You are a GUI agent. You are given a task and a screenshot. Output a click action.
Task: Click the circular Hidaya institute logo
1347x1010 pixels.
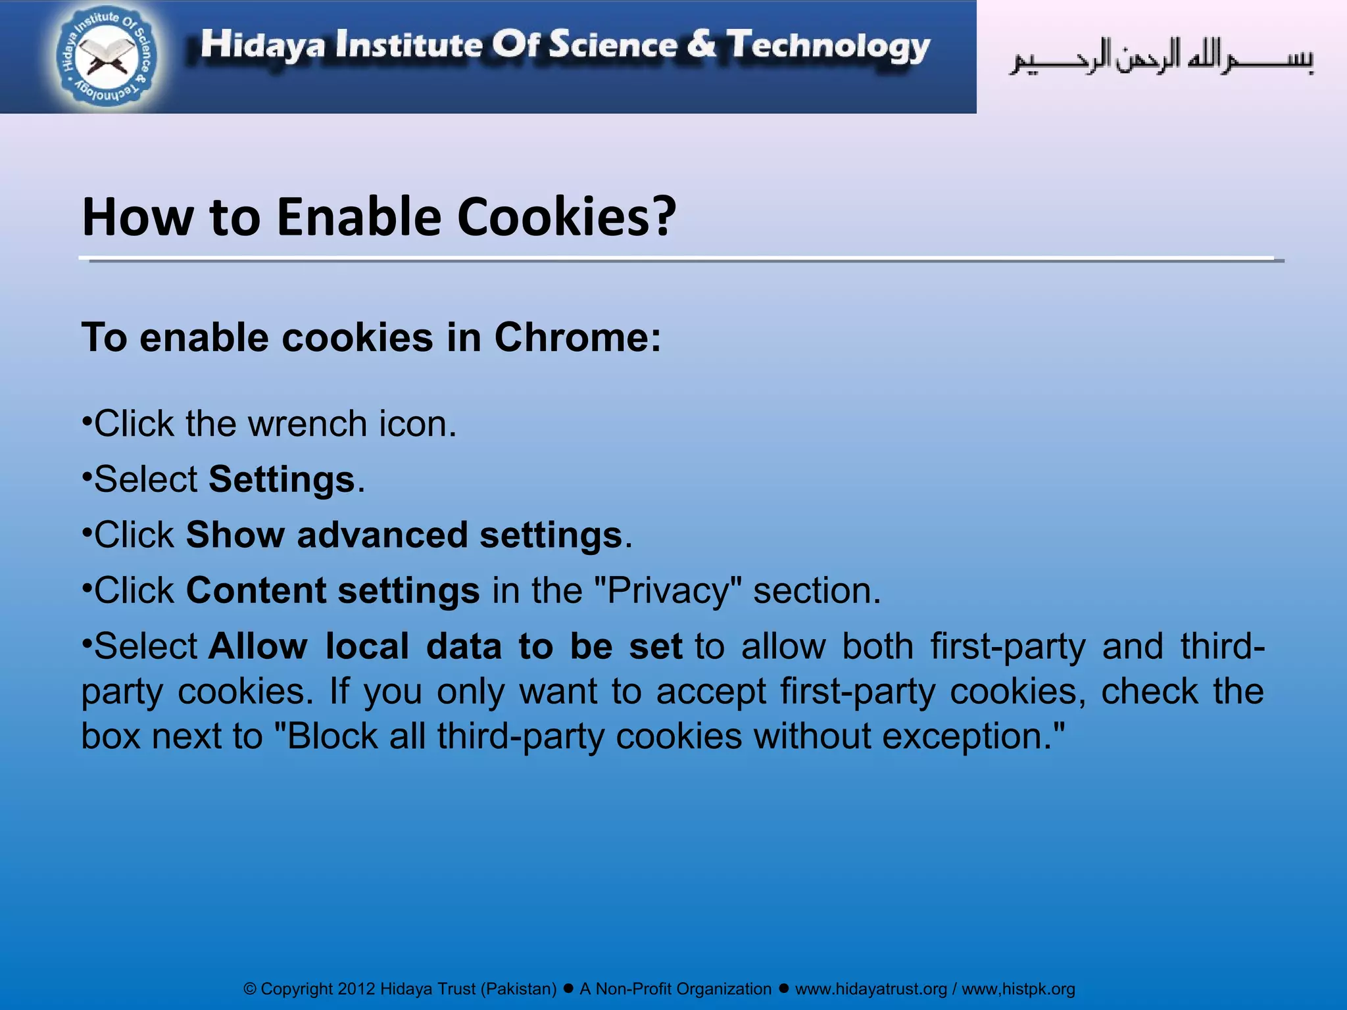107,58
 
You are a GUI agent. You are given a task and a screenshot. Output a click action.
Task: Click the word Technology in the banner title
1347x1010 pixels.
828,46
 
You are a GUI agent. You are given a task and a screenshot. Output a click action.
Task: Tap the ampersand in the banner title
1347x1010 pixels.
701,45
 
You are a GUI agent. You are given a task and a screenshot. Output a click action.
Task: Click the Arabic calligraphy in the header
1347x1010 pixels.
1162,58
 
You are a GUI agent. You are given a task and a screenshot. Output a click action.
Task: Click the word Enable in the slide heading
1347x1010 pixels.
359,217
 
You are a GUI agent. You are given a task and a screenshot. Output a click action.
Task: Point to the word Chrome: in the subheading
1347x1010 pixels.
577,338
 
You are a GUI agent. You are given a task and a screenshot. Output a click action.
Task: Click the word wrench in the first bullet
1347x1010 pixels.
307,423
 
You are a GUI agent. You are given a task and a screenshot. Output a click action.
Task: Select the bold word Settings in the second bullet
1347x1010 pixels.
282,479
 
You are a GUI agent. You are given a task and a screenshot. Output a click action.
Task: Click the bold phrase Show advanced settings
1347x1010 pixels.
404,535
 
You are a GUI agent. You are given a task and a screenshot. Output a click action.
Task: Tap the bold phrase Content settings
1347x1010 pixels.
333,590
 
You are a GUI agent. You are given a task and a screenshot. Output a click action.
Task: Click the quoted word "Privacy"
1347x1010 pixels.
667,590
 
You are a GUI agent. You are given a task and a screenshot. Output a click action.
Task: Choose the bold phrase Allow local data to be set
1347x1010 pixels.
445,646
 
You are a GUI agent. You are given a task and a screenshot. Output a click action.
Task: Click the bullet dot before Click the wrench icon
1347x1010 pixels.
86,420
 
